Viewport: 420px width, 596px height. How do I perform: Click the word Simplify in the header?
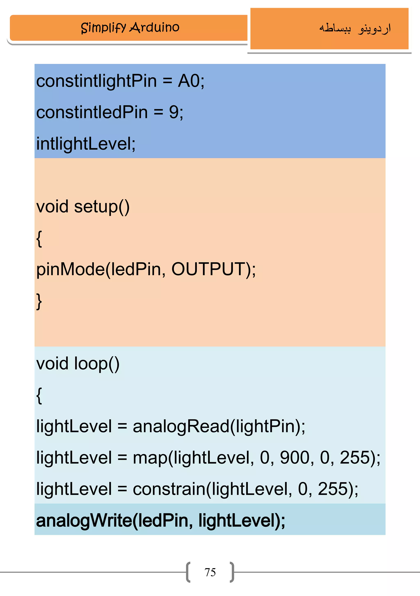103,28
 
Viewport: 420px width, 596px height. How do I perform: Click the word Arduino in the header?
154,27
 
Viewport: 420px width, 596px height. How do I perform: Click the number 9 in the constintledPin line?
174,112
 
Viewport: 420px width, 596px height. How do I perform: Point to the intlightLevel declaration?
86,144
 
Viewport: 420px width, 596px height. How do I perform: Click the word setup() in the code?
102,207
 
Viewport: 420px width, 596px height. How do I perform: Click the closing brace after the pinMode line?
39,301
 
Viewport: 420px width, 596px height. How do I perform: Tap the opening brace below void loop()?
39,395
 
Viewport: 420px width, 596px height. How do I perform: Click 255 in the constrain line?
332,489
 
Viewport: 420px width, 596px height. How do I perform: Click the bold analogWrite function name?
84,521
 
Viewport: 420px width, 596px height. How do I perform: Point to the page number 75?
210,572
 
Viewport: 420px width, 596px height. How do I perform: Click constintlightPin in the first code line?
96,81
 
